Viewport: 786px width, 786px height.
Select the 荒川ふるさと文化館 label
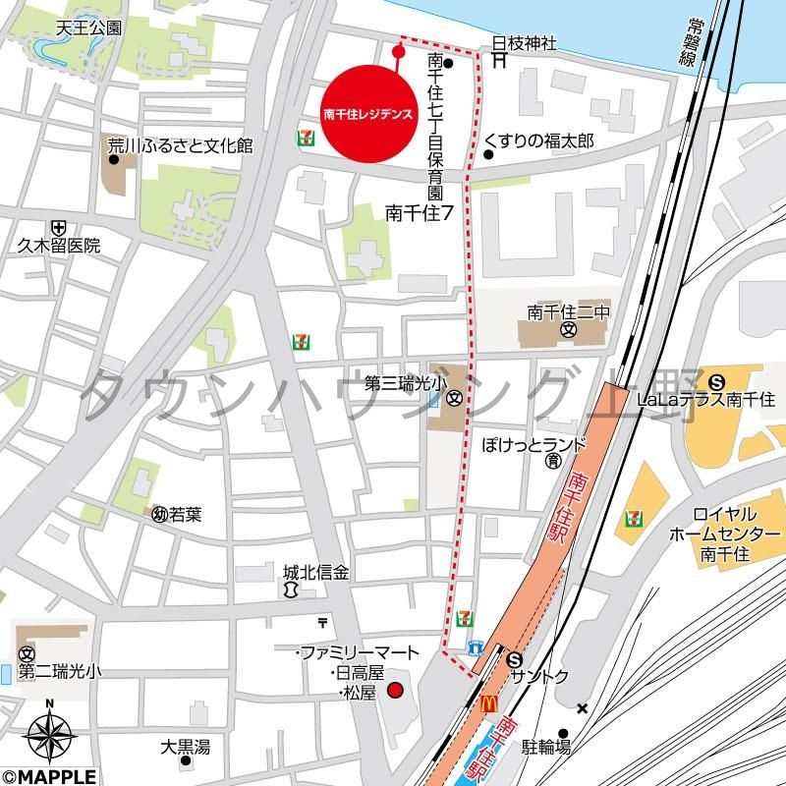pyautogui.click(x=180, y=146)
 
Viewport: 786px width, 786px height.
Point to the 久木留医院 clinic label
pyautogui.click(x=59, y=246)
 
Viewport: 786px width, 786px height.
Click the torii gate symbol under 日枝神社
pyautogui.click(x=499, y=61)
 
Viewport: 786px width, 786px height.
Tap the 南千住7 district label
pyautogui.click(x=419, y=210)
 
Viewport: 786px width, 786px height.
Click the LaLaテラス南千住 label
pyautogui.click(x=705, y=399)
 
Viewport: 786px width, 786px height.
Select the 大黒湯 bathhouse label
pyautogui.click(x=186, y=747)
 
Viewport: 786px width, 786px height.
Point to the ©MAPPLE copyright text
pyautogui.click(x=48, y=776)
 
